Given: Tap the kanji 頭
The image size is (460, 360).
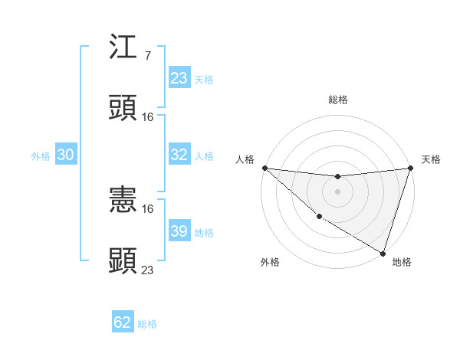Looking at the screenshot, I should point(123,108).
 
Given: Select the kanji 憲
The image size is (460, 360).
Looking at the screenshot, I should point(123,201).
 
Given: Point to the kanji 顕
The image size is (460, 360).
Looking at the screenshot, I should point(123,260).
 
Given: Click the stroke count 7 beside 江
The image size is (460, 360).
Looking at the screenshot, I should point(148,57).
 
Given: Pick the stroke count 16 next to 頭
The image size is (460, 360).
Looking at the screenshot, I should point(148,116).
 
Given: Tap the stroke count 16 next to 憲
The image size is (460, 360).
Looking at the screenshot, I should point(148,209).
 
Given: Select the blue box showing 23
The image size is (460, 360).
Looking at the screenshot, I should point(179,78).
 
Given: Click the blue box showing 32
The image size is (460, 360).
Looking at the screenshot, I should point(179,155).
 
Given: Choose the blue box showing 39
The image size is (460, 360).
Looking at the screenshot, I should point(179,231).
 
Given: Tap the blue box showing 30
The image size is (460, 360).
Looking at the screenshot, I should point(65,155).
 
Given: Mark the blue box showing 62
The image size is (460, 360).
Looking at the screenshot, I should point(123,322).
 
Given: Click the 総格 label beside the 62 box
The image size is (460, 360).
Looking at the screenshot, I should point(147,324).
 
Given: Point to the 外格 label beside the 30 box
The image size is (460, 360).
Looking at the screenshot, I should point(41,156).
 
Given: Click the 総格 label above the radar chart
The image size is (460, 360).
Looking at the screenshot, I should point(337,100).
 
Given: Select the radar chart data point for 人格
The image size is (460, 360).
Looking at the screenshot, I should point(264,168).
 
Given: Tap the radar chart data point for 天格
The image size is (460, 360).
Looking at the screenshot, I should point(410,168).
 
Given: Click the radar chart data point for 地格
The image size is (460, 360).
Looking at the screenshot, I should point(383,253).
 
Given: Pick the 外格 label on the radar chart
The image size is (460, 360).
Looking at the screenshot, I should point(270,263).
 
